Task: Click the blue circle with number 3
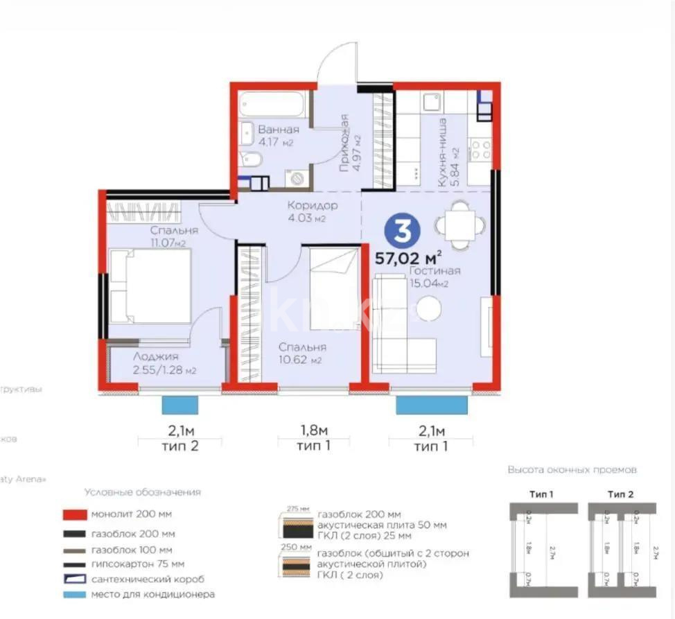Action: (x=401, y=232)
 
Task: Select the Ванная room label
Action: (x=278, y=130)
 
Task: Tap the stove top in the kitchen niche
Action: (x=480, y=150)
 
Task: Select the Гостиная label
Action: (x=434, y=271)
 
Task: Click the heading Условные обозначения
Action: (x=142, y=492)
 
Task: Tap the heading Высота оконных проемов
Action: (x=572, y=470)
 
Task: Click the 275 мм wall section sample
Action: (x=295, y=525)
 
